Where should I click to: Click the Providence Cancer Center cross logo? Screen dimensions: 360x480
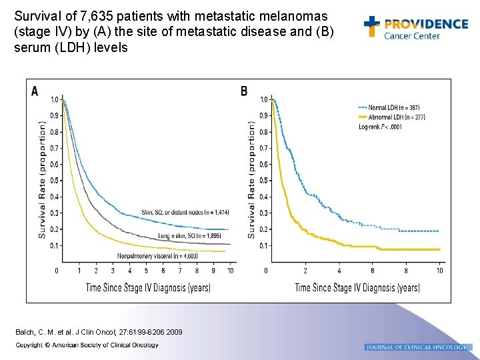[x=372, y=26]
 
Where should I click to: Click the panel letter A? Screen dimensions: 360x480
[x=35, y=91]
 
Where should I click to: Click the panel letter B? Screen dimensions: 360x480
[x=244, y=91]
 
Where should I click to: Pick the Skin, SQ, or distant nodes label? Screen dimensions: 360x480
[x=185, y=212]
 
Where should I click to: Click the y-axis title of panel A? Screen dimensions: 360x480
[x=43, y=180]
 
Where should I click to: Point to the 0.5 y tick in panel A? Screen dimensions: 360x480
[x=54, y=181]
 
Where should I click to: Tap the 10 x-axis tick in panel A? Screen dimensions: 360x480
[x=230, y=270]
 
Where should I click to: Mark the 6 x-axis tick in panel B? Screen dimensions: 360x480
[x=372, y=270]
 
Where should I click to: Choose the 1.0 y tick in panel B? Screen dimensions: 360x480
[x=264, y=99]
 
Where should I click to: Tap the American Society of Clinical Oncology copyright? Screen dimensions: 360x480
[x=87, y=345]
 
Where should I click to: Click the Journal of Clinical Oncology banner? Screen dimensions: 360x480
[x=419, y=347]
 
